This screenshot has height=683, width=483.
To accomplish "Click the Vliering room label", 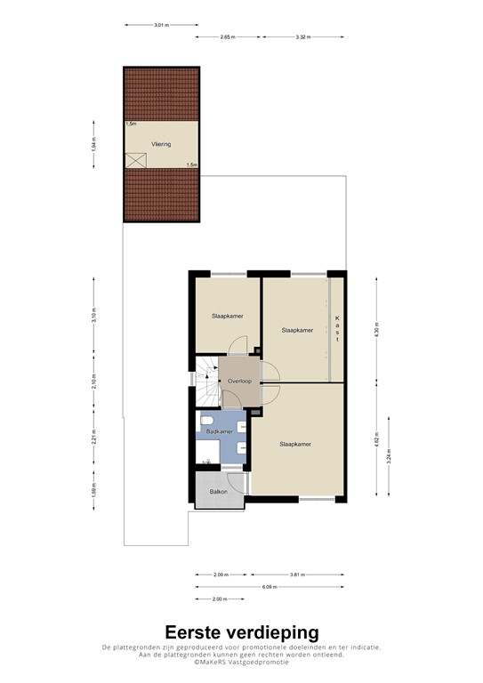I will click(160, 143).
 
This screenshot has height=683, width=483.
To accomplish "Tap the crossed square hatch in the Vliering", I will click(136, 160).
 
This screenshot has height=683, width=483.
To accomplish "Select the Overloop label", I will click(239, 381).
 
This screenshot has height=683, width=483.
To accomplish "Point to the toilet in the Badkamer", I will click(207, 421).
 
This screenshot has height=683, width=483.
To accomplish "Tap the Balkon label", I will click(219, 492).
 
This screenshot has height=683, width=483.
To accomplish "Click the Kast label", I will click(338, 328).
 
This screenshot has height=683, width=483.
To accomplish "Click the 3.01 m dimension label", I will click(161, 25).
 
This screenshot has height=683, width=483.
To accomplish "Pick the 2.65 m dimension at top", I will click(228, 36).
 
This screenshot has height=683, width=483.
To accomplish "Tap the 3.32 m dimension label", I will click(302, 36).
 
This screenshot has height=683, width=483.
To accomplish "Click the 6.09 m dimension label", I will click(271, 587).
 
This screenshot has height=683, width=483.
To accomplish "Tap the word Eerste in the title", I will click(195, 632).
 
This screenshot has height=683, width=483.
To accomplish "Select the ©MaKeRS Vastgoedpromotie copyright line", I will click(242, 662).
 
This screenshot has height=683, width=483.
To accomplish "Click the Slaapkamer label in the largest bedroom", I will click(294, 444).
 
